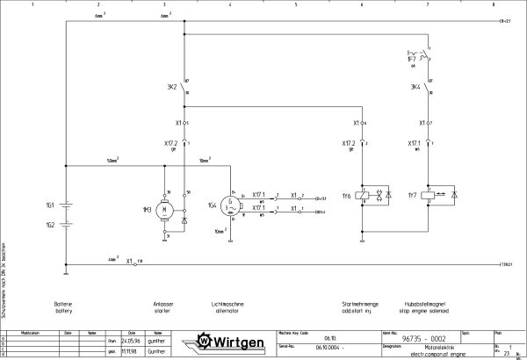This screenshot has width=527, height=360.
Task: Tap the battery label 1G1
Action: (x=50, y=205)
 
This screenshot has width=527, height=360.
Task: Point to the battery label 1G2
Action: (x=50, y=225)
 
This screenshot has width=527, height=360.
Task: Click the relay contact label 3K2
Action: (x=171, y=88)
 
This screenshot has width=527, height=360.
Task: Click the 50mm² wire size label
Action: (x=113, y=162)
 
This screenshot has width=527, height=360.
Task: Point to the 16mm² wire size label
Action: (x=204, y=162)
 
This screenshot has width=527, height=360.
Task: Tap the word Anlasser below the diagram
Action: (x=163, y=304)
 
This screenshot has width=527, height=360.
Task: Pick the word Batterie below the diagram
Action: (x=64, y=304)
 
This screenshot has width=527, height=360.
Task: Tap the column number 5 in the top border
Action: (x=296, y=4)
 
